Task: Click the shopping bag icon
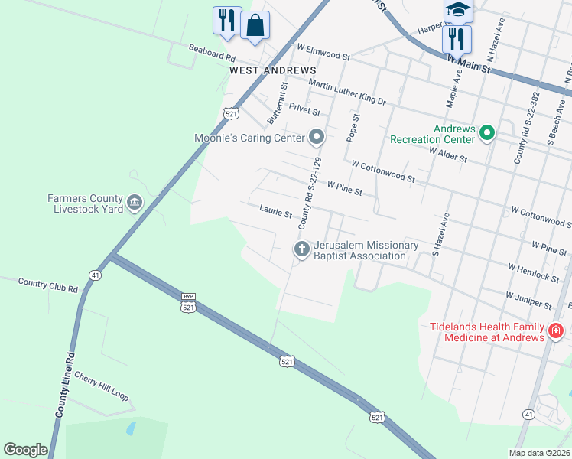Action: coord(255,24)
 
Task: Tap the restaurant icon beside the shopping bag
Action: coord(226,20)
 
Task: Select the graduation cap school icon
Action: coord(457,9)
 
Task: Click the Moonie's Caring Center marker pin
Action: coord(317,138)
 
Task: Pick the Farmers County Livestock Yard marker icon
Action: coord(135,203)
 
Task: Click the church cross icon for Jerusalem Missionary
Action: coord(301,249)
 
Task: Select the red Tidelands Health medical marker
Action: coord(556,331)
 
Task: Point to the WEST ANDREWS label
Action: coord(262,70)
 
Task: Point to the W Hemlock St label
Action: coord(533,269)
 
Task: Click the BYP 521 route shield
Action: coord(189,303)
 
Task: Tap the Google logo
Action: coord(25,450)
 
